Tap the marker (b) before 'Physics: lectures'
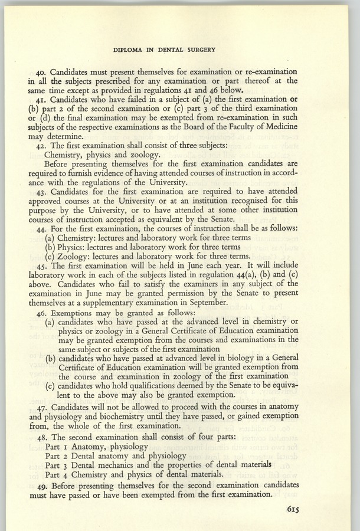pos(51,246)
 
